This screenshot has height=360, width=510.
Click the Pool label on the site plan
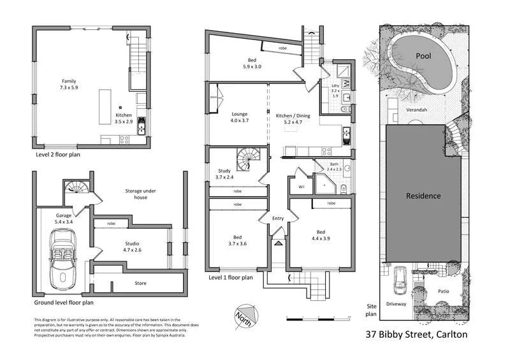click(423, 56)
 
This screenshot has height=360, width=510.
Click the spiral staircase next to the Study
click(246, 159)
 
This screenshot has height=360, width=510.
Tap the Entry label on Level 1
click(277, 219)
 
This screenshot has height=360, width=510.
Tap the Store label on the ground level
click(140, 282)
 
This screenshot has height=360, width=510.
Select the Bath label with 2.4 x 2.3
click(335, 166)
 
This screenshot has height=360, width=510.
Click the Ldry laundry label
click(335, 87)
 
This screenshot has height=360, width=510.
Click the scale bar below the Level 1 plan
click(318, 317)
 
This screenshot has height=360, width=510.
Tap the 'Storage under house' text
click(136, 193)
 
